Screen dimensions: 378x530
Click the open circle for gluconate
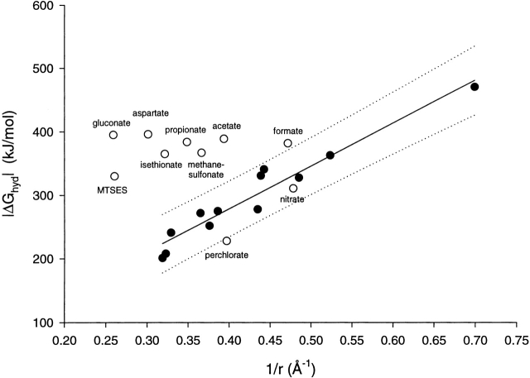[x=113, y=135]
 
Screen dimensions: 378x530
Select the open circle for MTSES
[x=114, y=176]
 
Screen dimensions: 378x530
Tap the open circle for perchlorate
[x=227, y=241]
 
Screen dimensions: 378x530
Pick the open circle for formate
[x=288, y=143]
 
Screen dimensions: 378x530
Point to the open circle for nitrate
[x=293, y=189]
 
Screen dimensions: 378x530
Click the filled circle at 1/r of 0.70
[x=475, y=87]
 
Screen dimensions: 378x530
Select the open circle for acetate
[x=224, y=139]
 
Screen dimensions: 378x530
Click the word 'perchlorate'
[x=227, y=256]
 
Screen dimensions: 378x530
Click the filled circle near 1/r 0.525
[x=330, y=155]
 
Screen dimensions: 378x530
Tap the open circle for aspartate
[x=148, y=134]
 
